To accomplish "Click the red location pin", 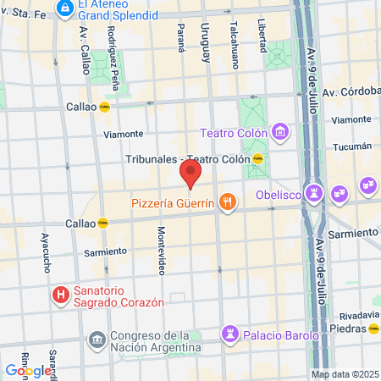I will pos(190,174).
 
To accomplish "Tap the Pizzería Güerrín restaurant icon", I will pos(227,202).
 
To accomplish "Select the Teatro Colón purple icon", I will pos(280,132).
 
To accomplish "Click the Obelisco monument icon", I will pos(315,192).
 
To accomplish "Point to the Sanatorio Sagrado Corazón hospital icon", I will pos(60,295).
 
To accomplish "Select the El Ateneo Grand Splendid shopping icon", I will pos(64,8).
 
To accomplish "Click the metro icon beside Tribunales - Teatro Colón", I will pos(258,158).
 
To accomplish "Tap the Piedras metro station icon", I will pos(373,328).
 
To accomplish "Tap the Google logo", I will pos(28,370).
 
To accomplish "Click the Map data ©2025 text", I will pos(344,374).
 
